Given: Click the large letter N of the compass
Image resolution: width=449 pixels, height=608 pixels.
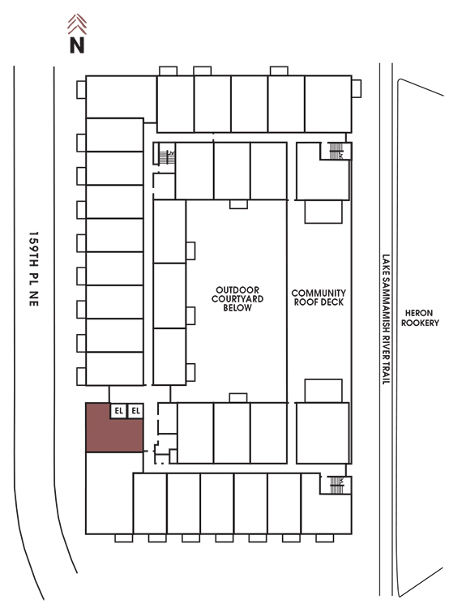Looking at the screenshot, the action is tap(77, 45).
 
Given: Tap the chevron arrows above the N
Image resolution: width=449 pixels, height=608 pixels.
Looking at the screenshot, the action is tap(77, 24).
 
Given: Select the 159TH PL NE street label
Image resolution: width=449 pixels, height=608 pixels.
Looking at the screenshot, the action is tap(34, 269).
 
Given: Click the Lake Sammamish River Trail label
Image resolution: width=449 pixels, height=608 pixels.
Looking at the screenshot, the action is tap(386, 319).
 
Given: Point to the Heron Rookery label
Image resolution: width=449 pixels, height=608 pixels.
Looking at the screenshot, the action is tap(420, 318).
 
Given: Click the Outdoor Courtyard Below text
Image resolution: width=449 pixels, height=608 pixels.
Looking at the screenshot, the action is tap(237, 299).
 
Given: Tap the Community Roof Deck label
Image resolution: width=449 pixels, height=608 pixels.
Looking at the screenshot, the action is tap(319, 298).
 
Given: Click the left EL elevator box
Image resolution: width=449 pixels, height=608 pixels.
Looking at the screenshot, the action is tap(118, 411).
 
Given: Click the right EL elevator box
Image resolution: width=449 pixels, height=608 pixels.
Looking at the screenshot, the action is tap(135, 411).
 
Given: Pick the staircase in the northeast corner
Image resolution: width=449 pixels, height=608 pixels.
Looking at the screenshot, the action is tap(336, 152).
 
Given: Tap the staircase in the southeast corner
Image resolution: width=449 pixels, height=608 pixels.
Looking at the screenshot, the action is tap(336, 485).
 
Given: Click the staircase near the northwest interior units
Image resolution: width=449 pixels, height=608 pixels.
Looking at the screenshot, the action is tap(167, 157).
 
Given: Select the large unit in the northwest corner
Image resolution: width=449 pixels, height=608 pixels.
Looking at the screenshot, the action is tap(121, 97).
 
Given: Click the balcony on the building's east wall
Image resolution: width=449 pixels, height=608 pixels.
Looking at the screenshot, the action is tap(357, 89).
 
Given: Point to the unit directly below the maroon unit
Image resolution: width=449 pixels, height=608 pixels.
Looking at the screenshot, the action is tap(109, 493).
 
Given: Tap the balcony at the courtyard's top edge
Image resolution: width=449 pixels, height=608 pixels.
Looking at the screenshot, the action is tap(238, 204).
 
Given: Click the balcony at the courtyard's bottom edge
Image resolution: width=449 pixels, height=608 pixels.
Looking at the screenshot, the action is tap(238, 398).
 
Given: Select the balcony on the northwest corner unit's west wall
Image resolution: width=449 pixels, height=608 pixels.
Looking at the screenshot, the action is tap(81, 90).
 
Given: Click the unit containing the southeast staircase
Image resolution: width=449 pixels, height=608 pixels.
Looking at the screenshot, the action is tap(327, 503).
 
